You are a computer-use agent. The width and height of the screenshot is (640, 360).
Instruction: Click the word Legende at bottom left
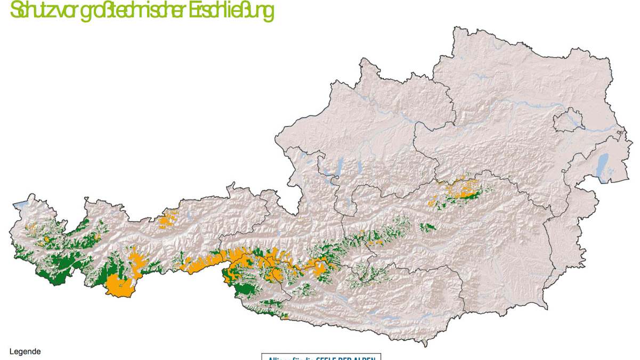pos(25,351)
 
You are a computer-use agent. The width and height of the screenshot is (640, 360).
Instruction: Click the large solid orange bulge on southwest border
pos(120,286)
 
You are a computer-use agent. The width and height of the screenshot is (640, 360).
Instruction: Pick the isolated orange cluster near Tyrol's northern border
pos(169,219)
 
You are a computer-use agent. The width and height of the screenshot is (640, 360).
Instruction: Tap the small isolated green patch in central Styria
pos(427,227)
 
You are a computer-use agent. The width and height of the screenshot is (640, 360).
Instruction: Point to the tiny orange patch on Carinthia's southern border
pos(286,317)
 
